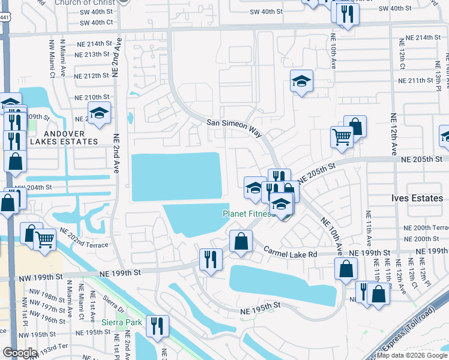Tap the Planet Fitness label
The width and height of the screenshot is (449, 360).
248,213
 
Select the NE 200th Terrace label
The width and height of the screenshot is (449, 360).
426,228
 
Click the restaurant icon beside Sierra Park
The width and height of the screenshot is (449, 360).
157,325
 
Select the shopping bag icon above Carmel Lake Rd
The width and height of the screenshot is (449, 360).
241,241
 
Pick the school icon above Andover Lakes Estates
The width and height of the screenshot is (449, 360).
99,112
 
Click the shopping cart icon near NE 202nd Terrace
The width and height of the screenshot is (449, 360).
45,239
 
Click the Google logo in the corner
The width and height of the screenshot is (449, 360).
20,353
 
